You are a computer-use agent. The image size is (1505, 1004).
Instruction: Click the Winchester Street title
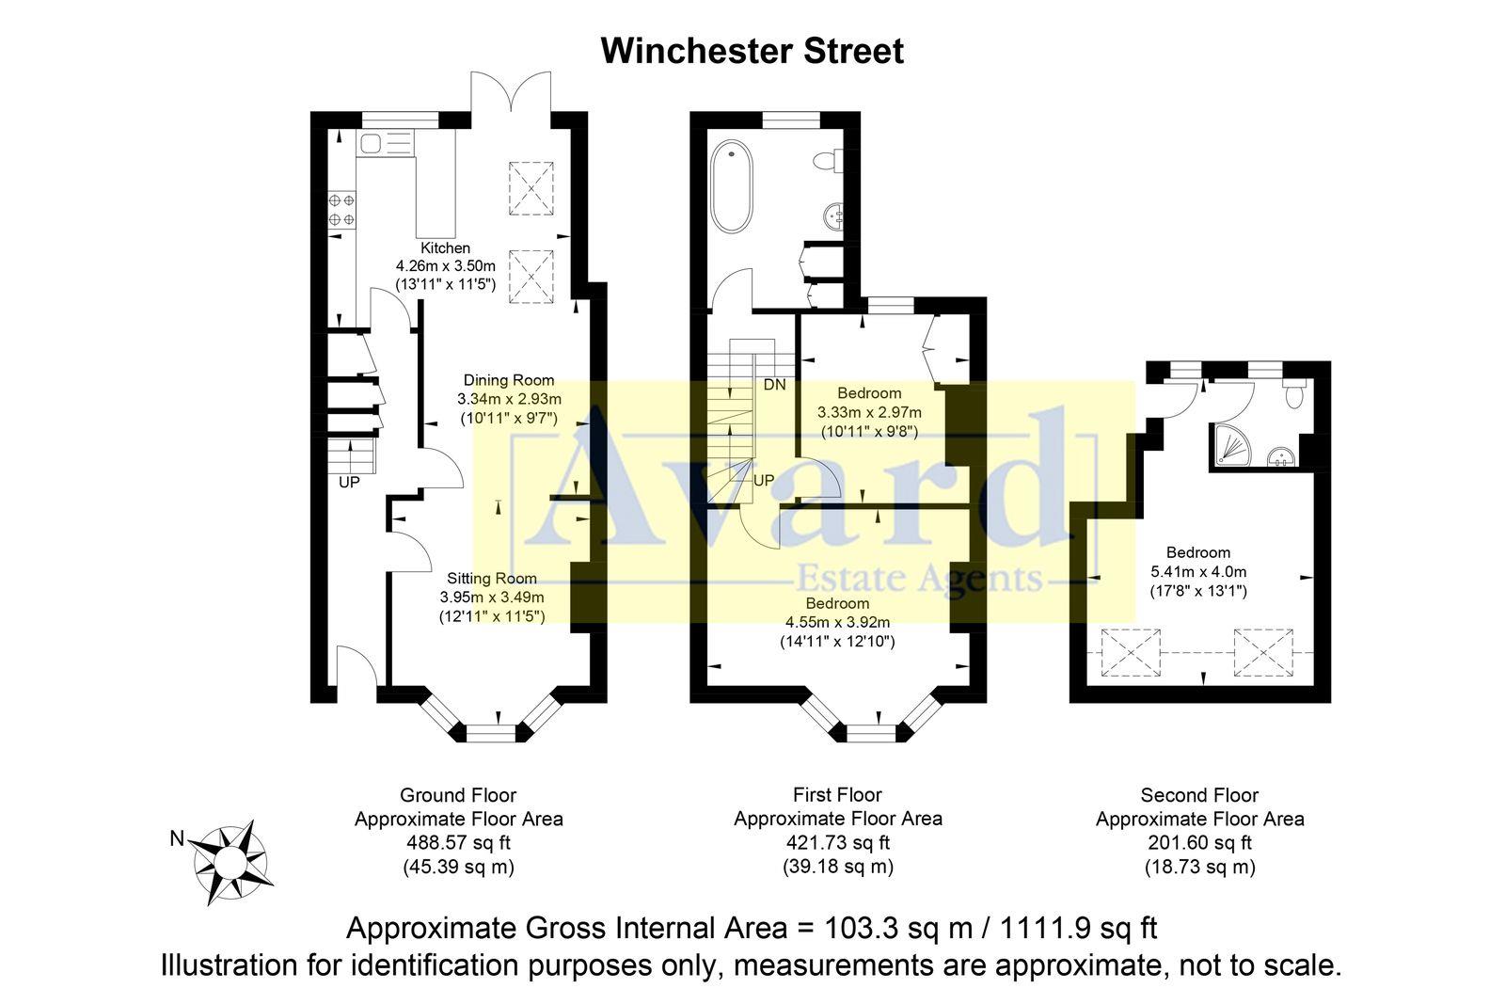(752, 51)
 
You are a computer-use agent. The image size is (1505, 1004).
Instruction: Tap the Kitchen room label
(445, 248)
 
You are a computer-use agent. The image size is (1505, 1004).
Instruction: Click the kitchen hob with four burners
(341, 209)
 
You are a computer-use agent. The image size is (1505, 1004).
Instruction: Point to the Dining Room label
(509, 380)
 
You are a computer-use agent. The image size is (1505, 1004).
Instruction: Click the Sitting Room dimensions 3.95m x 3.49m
(491, 598)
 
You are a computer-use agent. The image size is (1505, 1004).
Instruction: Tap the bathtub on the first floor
(732, 186)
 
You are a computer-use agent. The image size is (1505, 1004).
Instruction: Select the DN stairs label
(774, 385)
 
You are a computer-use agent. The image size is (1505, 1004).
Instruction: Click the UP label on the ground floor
(349, 483)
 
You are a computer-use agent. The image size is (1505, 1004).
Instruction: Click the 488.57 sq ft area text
(458, 843)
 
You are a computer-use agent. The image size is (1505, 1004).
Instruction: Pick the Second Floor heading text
(1199, 795)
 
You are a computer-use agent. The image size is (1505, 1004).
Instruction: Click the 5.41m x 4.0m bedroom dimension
(1198, 571)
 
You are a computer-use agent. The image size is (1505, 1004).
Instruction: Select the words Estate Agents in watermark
(919, 578)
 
